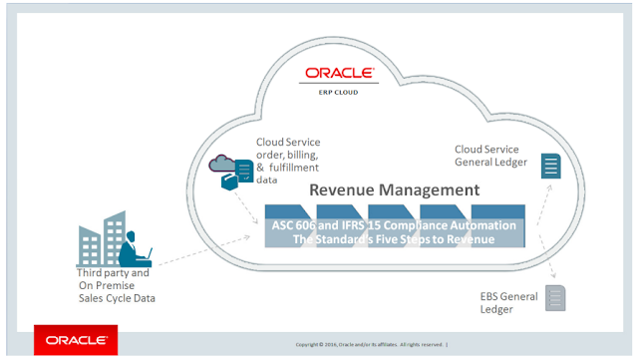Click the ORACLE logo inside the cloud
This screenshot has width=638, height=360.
pyautogui.click(x=339, y=73)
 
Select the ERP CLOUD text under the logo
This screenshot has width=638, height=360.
pyautogui.click(x=340, y=88)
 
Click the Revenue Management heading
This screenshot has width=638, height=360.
pyautogui.click(x=394, y=189)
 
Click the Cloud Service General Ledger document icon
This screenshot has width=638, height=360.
pyautogui.click(x=549, y=167)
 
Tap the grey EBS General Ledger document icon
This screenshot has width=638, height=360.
pyautogui.click(x=555, y=296)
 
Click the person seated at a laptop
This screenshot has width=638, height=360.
pyautogui.click(x=130, y=246)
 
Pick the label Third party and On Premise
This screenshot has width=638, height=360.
pyautogui.click(x=113, y=278)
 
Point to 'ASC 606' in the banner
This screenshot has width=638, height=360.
pyautogui.click(x=298, y=225)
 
